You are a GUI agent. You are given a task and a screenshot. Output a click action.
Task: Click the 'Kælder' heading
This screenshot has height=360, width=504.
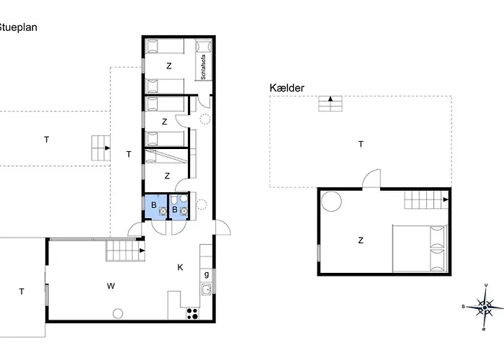click(287, 88)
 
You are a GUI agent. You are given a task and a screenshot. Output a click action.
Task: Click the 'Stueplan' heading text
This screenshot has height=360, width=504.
click(18, 27)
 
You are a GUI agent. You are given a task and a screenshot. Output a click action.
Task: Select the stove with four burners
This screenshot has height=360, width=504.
click(193, 313)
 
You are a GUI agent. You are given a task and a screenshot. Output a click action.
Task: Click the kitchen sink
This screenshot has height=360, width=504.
click(206, 290)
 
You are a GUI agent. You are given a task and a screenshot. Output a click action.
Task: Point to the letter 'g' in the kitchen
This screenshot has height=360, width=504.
click(207, 274)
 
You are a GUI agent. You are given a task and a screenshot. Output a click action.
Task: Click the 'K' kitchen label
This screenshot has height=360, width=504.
click(180, 267)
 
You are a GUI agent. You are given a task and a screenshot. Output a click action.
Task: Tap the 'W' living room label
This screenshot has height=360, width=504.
click(111, 286)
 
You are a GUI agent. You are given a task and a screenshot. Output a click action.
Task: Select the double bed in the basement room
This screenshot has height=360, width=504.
click(419, 248)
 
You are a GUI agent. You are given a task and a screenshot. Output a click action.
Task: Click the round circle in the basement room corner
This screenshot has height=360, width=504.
click(332, 201)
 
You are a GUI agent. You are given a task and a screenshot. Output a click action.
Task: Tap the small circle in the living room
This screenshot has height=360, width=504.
click(119, 312)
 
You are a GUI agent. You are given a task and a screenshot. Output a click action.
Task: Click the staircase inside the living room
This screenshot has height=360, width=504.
click(125, 251)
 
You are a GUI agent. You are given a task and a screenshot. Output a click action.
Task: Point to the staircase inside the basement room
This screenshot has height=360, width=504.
click(426, 199)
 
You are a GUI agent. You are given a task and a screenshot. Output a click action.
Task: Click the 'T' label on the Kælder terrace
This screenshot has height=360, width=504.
click(361, 145)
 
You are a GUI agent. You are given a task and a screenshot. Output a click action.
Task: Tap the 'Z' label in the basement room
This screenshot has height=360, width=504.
click(360, 240)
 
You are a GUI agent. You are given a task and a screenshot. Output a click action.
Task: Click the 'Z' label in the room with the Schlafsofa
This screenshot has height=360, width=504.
click(169, 66)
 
